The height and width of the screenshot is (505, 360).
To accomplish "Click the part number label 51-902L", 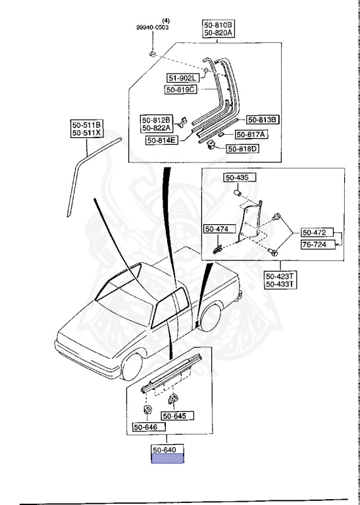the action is coord(182,78).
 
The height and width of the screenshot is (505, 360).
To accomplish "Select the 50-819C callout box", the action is coord(181,90).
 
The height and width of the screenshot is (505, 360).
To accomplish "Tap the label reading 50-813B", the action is coord(263,120).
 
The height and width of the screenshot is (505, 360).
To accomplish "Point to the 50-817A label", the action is coord(251,135).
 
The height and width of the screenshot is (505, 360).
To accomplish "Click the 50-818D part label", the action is coord(244,149).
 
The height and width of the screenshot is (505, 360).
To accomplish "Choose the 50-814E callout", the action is coord(162,140).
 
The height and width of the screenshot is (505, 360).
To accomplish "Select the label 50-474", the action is coord(220,229).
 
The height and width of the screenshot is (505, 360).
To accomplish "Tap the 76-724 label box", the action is coord(317,245).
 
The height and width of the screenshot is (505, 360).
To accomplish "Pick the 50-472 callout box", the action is coord(317,233).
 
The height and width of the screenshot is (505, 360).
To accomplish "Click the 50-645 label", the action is coord(178,416).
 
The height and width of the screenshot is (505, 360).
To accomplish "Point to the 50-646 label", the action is coord(149,427).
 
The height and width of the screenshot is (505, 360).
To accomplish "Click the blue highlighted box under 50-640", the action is coord(168,458).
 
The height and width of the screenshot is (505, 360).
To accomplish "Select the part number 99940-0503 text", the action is coord(152,28).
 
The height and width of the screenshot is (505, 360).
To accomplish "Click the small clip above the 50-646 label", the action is coord(147,410).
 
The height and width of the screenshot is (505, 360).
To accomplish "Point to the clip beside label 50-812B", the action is coord(182,122).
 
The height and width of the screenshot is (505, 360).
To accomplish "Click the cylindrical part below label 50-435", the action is coord(238,193).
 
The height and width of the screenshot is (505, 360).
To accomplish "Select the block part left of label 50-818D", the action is coord(212,145).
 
